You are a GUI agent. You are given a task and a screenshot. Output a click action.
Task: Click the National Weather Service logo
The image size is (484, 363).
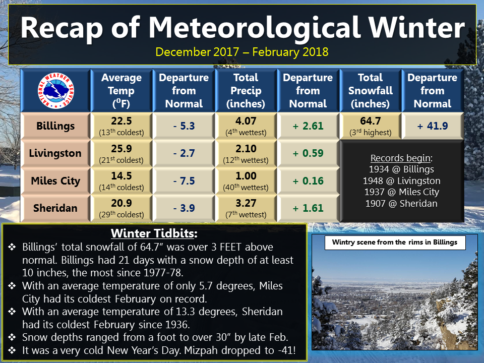(56, 91)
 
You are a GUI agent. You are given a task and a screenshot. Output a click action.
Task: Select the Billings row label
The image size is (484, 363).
(55, 126)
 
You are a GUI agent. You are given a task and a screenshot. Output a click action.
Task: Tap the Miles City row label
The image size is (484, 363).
(55, 180)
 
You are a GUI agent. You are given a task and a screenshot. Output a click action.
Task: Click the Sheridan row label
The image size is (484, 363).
(55, 208)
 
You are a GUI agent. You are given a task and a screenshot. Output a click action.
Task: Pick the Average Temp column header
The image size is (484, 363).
(122, 90)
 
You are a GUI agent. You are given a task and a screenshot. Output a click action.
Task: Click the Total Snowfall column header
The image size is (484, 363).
(371, 90)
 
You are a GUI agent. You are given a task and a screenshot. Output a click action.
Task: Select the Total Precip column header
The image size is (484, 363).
(246, 90)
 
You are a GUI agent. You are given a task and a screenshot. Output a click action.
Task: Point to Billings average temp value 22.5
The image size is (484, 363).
(122, 120)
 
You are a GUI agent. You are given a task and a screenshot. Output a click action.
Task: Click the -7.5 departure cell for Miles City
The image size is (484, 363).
(184, 181)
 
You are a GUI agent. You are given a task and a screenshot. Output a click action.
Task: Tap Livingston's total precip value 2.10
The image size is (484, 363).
(246, 148)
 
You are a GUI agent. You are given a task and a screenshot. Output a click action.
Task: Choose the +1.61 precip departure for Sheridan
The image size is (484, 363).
(308, 208)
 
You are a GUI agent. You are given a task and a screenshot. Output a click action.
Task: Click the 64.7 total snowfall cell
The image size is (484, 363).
(371, 120)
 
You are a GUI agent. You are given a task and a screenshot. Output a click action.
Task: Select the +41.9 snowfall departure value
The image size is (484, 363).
(433, 126)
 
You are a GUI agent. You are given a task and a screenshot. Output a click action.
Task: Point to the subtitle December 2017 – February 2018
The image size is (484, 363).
(242, 52)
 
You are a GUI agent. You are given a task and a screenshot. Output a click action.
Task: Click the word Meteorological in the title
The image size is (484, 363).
(255, 28)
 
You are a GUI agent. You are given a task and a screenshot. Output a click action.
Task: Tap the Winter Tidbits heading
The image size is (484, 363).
(154, 233)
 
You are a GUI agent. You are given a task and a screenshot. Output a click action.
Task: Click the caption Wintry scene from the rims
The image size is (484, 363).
(395, 243)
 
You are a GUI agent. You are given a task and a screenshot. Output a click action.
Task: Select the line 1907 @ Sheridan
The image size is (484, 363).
(401, 203)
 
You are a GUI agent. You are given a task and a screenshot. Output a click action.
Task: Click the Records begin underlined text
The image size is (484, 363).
(401, 158)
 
